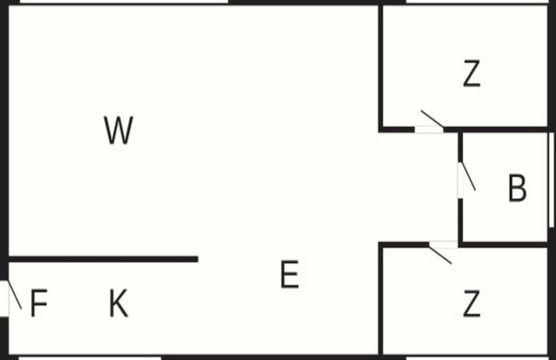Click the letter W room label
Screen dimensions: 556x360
tap(119, 130)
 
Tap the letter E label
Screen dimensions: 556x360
tap(290, 274)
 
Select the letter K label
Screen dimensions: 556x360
tap(119, 303)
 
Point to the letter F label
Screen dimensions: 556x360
tap(39, 303)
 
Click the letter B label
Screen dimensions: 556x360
tap(518, 188)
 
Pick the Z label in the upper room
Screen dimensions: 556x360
tap(472, 74)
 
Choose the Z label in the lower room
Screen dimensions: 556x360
tap(472, 303)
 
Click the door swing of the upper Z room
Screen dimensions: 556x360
tap(432, 119)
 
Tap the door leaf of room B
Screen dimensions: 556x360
tap(468, 176)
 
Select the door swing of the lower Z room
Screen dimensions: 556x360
tap(440, 255)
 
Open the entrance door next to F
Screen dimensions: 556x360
tap(15, 295)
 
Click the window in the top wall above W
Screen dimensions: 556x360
tap(124, 2)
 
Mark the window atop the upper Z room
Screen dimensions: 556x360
tap(477, 2)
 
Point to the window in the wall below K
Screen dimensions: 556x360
tap(90, 358)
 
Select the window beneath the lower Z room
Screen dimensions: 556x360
tap(477, 358)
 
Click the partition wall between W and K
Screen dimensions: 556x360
tap(104, 259)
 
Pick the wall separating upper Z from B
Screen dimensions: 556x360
tap(496, 129)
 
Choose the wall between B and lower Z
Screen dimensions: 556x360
tap(504, 245)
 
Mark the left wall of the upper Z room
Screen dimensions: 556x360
tap(381, 68)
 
